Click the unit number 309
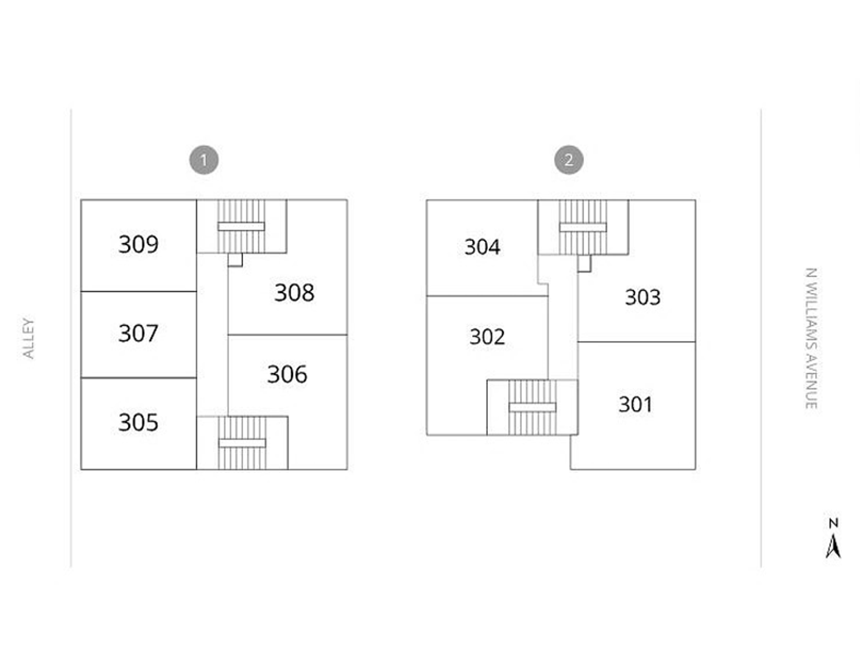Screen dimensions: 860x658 tap(138, 244)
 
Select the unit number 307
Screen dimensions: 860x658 tap(138, 333)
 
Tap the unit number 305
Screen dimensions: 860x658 tap(138, 422)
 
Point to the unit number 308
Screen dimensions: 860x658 tap(294, 292)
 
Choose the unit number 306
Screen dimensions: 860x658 tap(287, 374)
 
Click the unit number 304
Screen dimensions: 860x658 tap(482, 247)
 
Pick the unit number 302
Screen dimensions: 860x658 tap(487, 336)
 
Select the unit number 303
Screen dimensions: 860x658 tap(643, 297)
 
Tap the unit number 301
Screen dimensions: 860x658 tap(635, 404)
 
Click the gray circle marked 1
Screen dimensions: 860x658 tap(204, 160)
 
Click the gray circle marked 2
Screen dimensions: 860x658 tap(568, 160)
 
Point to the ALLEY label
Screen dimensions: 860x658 tap(28, 338)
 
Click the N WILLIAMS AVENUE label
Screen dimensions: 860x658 tap(811, 338)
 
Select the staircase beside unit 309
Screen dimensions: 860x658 tap(241, 227)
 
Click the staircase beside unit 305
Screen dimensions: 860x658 tap(242, 443)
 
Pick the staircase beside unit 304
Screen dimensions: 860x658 tap(583, 227)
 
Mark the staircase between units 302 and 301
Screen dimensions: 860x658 tap(532, 407)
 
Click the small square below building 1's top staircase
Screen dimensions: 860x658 tap(235, 260)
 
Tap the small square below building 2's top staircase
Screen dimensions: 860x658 tap(584, 263)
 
